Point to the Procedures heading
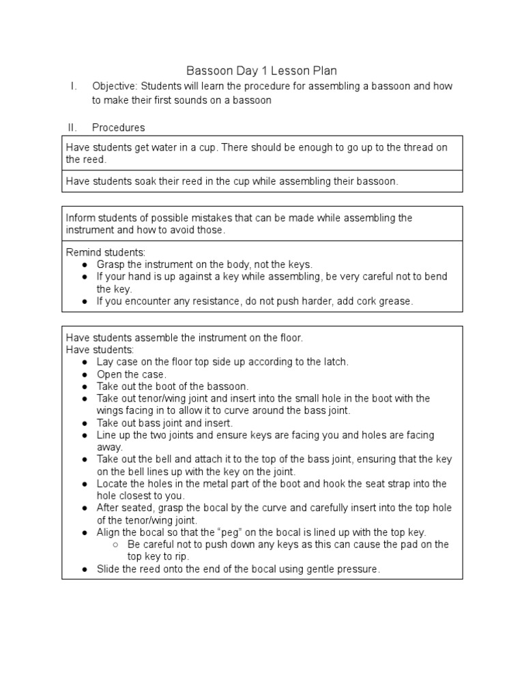tap(118, 127)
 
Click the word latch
tap(332, 362)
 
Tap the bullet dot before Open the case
tap(85, 375)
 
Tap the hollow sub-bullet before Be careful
tap(116, 545)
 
